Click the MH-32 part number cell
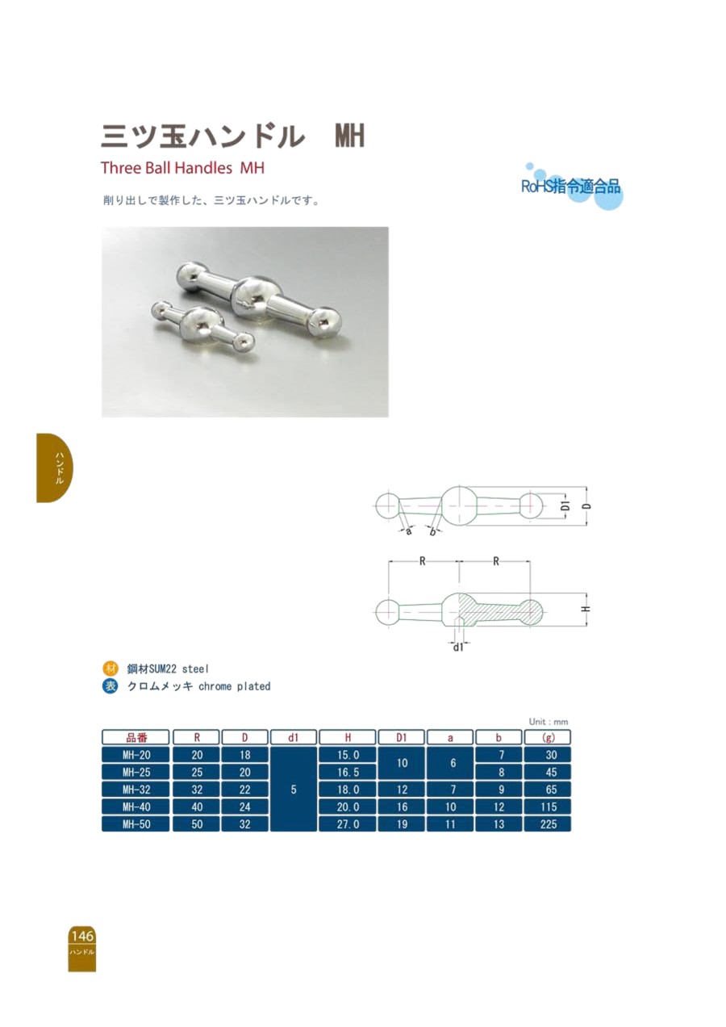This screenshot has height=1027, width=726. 136,790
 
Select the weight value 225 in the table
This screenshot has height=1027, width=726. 548,824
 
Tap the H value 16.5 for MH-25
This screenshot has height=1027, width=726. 348,773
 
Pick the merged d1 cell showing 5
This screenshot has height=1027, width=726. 294,790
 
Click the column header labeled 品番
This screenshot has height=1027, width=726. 136,737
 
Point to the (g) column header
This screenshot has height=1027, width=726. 548,737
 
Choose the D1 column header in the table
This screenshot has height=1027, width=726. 402,737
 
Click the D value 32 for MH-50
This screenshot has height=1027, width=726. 244,824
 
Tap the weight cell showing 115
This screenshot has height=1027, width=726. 548,807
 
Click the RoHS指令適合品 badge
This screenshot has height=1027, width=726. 571,187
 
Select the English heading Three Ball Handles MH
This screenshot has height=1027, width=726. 183,168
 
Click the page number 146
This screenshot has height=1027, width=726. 82,935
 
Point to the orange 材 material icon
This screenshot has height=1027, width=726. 110,669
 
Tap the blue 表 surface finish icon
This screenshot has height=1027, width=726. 110,686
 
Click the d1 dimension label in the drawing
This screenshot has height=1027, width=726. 458,648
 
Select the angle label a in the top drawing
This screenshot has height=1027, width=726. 408,531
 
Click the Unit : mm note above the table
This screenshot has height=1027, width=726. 549,722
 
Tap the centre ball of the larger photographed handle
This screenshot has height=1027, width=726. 252,296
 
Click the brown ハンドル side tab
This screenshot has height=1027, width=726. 54,467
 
